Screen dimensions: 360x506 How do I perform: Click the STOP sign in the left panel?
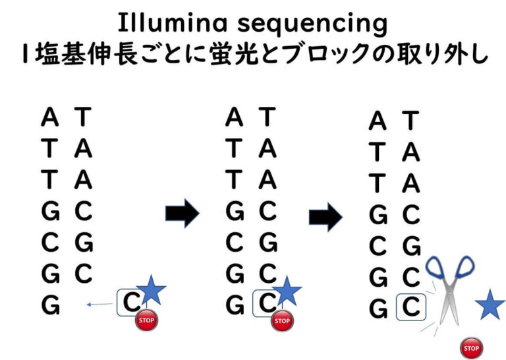click(x=147, y=321)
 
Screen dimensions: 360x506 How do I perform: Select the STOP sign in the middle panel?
click(x=282, y=321)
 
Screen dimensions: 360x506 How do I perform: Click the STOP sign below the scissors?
click(x=470, y=348)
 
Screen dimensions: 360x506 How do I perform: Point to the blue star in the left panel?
click(x=152, y=291)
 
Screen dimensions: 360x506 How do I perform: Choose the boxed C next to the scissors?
click(x=410, y=307)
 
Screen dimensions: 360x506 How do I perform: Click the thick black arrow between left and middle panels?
click(x=182, y=212)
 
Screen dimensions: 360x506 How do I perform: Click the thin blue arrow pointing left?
click(x=99, y=304)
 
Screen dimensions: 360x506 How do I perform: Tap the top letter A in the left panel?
click(x=49, y=118)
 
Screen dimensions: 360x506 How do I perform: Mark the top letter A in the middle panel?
click(x=234, y=118)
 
